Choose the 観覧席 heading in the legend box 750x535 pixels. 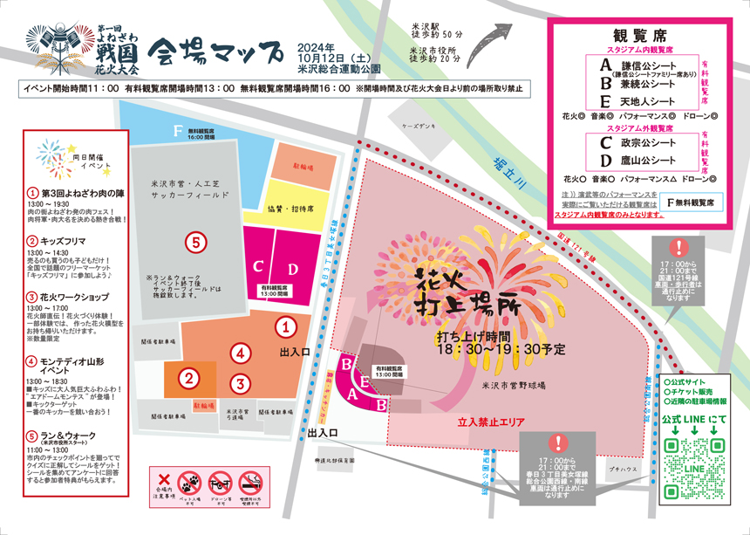tap(640, 36)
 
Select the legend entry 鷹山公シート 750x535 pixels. tap(650, 161)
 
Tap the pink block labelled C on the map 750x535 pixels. tap(259, 266)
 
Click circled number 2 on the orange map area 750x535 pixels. tap(187, 378)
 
